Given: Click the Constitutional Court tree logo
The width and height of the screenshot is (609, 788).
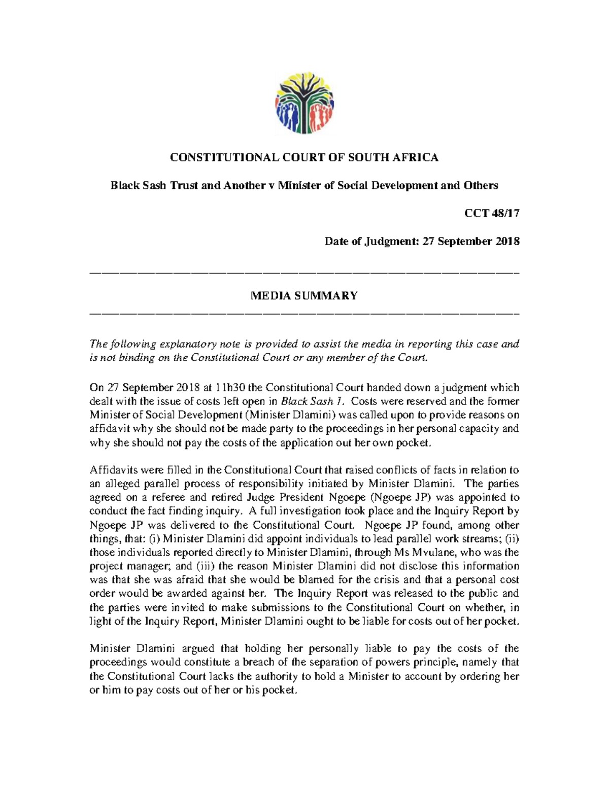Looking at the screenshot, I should [304, 103].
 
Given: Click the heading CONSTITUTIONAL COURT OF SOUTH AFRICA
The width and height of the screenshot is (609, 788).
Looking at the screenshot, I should [304, 158].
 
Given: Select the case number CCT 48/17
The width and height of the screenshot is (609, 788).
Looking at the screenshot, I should [492, 214].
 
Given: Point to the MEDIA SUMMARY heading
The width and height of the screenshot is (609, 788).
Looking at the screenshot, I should [304, 296].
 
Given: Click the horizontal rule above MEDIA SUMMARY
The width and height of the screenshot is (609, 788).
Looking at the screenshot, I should [304, 274].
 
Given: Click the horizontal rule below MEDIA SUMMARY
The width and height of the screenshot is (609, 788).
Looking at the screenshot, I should [304, 313].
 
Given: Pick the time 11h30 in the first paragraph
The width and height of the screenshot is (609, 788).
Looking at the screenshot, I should [230, 388].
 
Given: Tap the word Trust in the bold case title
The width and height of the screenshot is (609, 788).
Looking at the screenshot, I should [184, 186].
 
